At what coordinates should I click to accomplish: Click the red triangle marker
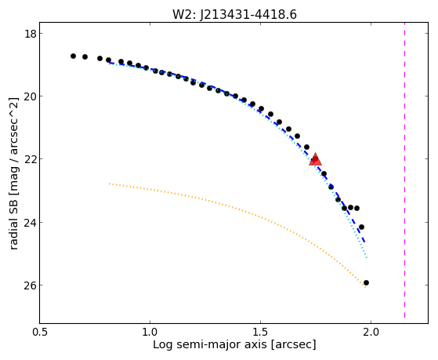point(315,159)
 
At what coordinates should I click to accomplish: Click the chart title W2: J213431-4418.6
point(234,15)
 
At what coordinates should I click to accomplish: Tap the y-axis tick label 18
point(30,34)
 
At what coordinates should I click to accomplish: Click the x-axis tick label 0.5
point(41,332)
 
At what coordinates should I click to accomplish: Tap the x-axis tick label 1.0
point(150,332)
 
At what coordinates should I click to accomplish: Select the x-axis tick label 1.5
point(260,332)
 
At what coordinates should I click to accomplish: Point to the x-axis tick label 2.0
point(371,332)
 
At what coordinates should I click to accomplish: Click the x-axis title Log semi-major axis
point(210,344)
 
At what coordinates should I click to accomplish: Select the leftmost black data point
point(73,56)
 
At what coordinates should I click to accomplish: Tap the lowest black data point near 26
point(366,283)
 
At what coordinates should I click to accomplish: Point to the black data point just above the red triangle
point(306,147)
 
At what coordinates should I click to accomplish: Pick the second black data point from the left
point(85,56)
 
